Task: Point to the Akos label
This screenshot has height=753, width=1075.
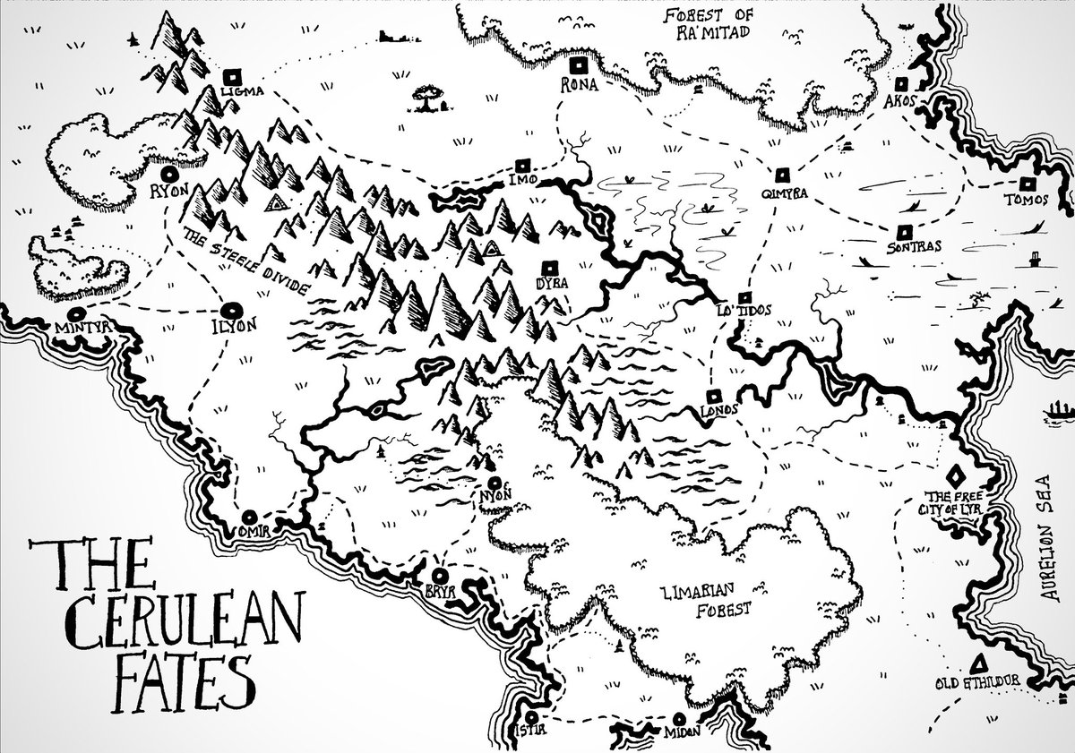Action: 899,101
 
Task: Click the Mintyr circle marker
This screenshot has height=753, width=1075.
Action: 76,314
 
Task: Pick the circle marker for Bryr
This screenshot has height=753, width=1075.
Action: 440,575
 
